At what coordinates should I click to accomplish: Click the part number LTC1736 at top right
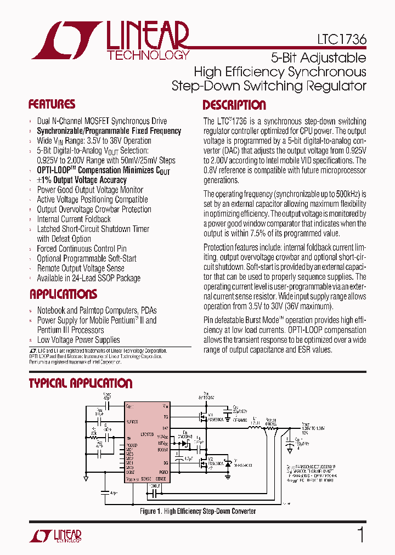[x=341, y=40]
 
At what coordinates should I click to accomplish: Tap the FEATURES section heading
[x=52, y=104]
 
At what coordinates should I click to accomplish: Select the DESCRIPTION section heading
[x=234, y=105]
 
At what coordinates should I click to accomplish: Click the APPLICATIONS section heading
[x=63, y=294]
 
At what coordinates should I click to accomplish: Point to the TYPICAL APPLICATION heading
[x=81, y=383]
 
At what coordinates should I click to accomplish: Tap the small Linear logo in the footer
[x=54, y=535]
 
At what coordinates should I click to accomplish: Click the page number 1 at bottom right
[x=360, y=535]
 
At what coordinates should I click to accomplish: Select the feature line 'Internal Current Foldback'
[x=74, y=219]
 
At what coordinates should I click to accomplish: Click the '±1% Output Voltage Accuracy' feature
[x=82, y=180]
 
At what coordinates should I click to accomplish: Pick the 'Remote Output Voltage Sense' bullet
[x=80, y=268]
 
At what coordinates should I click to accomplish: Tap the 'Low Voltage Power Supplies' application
[x=78, y=340]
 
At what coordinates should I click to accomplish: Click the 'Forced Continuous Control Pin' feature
[x=81, y=248]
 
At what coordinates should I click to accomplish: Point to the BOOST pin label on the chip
[x=162, y=450]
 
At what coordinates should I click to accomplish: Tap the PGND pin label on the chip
[x=163, y=472]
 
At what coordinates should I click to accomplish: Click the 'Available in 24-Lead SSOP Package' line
[x=88, y=278]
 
